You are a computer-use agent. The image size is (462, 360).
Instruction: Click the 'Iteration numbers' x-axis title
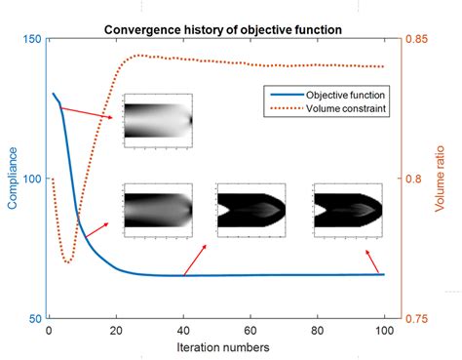pyautogui.click(x=222, y=346)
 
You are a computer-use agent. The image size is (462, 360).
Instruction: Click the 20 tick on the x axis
pyautogui.click(x=116, y=330)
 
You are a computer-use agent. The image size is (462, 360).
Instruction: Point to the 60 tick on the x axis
pyautogui.click(x=250, y=330)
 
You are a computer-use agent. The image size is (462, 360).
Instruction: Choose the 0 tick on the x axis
pyautogui.click(x=49, y=330)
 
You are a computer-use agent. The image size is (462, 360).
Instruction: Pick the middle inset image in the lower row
pyautogui.click(x=251, y=207)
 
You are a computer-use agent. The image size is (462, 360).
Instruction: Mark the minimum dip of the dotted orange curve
pyautogui.click(x=67, y=261)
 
